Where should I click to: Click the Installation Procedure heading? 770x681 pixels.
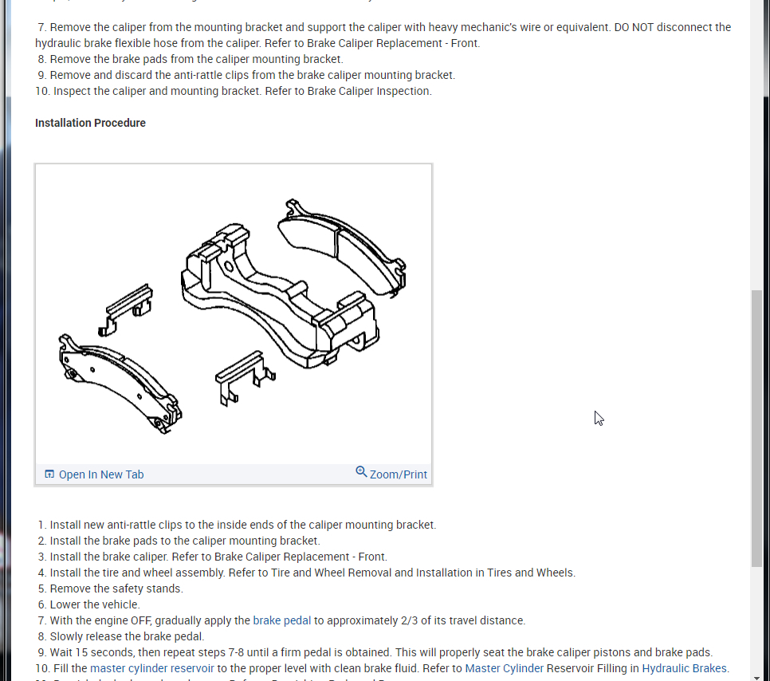point(90,123)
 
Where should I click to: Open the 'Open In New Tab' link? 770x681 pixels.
point(101,474)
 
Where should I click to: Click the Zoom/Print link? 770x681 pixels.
point(398,474)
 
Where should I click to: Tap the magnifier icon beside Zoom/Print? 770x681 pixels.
point(361,472)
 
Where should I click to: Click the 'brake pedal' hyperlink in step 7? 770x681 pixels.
point(281,620)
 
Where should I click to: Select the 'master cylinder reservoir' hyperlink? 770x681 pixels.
point(151,668)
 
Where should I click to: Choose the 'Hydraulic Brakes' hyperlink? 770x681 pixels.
point(684,668)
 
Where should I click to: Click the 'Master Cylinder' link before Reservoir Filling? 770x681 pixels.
point(504,668)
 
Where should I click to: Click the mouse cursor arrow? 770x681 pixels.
point(599,418)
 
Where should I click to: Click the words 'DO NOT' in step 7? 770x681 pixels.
point(638,27)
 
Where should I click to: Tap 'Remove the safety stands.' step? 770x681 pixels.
point(116,588)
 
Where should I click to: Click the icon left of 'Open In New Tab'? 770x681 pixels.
point(49,474)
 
